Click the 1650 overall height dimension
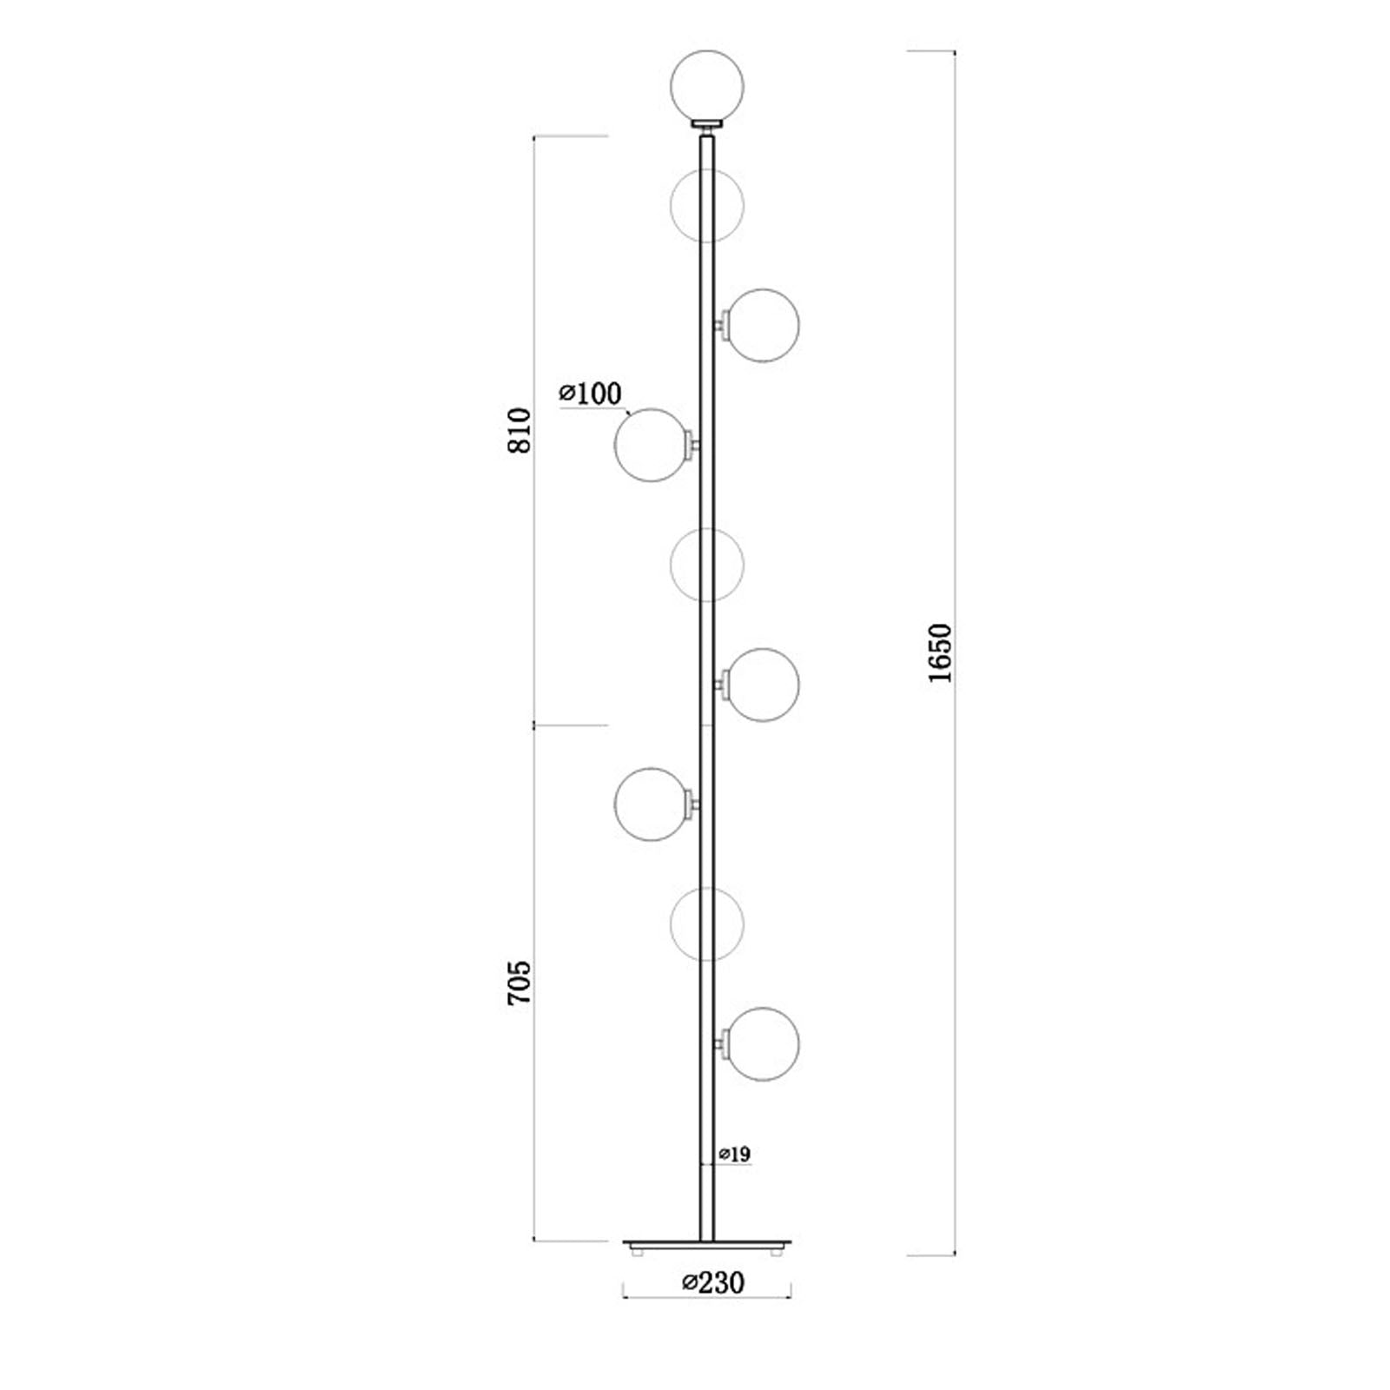point(940,652)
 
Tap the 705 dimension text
point(519,983)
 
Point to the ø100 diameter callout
point(591,394)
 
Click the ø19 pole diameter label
point(734,1155)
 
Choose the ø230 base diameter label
point(713,1282)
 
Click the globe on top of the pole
point(707,86)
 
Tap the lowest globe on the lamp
point(763,1044)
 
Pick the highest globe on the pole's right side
point(763,325)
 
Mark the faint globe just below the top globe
point(707,205)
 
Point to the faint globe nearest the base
point(707,923)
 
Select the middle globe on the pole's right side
point(763,685)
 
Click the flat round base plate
point(707,1243)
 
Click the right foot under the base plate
point(778,1252)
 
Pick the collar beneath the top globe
point(707,125)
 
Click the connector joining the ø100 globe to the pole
point(693,445)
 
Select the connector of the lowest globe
point(720,1044)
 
